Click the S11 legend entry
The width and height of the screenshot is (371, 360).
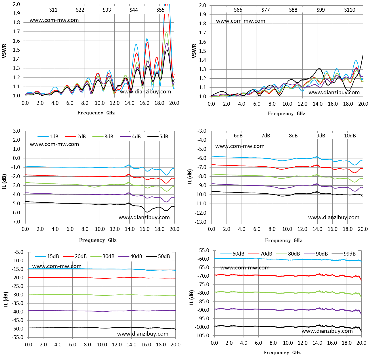click(47, 10)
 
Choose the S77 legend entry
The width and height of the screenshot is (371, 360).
click(259, 10)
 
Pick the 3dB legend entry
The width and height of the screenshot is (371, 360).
click(103, 137)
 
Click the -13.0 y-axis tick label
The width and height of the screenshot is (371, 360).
click(200, 222)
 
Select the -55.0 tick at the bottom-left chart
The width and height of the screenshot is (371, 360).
click(17, 337)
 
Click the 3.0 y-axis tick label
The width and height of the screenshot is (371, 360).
click(16, 131)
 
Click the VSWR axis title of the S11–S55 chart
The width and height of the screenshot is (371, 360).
click(4, 51)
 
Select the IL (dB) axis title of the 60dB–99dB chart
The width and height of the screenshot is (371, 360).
click(192, 298)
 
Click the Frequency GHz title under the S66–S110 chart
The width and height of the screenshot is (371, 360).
click(286, 114)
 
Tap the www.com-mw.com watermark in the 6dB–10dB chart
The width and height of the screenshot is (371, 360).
click(240, 146)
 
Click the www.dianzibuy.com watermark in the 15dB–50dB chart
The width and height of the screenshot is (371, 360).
click(142, 334)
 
